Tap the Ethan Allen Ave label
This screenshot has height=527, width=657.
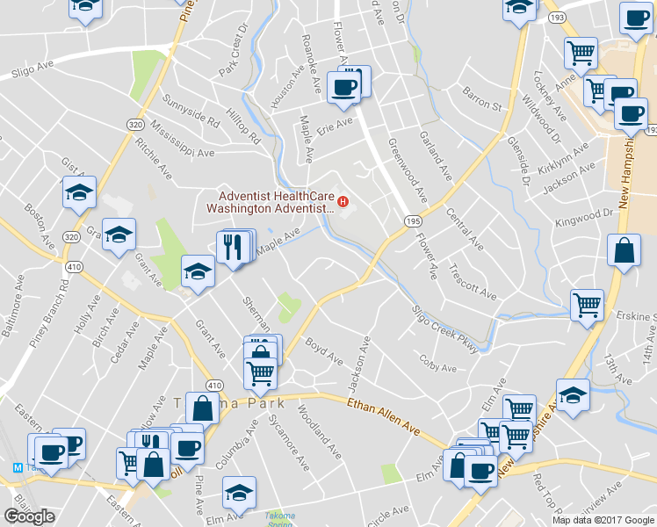384,413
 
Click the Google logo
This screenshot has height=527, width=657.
29,516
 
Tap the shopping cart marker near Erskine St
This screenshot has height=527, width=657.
587,306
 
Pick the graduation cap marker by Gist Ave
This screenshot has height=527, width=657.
79,192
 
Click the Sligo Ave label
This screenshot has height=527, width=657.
31,70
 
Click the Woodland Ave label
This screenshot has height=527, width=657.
318,433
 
